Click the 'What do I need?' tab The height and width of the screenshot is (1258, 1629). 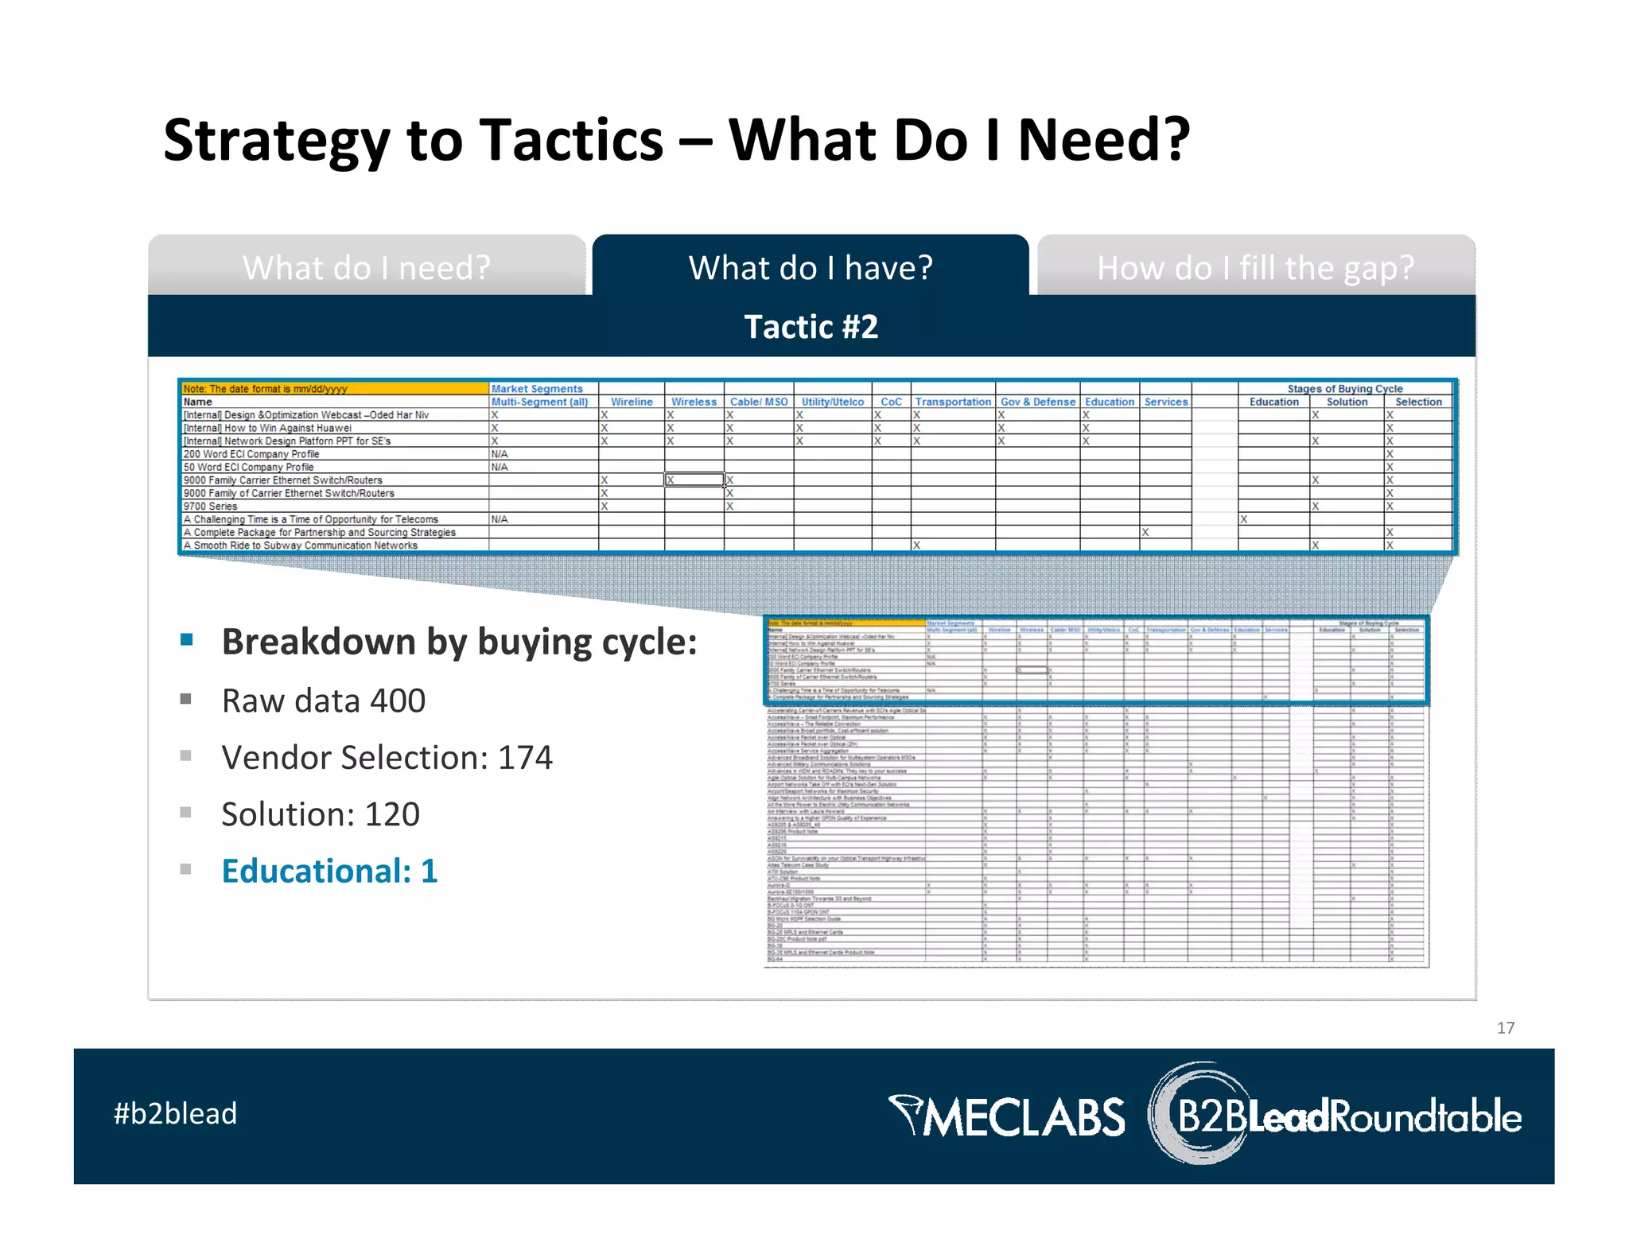[x=367, y=267]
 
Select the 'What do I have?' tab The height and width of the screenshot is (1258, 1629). [x=810, y=267]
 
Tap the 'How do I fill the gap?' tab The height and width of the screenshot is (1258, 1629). [x=1255, y=267]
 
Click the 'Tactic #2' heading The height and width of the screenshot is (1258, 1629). [x=811, y=327]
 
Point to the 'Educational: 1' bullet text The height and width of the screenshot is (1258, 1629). [x=329, y=871]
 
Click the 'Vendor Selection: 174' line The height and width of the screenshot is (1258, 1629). [x=387, y=757]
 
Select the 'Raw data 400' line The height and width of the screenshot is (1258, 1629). [x=323, y=701]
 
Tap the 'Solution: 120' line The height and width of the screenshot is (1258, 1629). [x=320, y=814]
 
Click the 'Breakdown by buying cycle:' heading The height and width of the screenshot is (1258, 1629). [x=459, y=642]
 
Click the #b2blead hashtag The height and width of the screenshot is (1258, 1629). [x=175, y=1113]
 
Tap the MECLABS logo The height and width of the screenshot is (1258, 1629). [x=1006, y=1116]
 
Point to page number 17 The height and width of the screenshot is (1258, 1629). [x=1505, y=1027]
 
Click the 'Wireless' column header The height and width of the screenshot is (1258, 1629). [x=694, y=402]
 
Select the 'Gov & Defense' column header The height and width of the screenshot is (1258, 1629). [x=1037, y=402]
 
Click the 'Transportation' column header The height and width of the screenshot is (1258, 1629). [x=952, y=402]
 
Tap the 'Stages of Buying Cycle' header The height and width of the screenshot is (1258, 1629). [x=1344, y=389]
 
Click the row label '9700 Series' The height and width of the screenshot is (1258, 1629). [x=211, y=506]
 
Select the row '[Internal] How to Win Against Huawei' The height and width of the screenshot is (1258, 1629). [x=267, y=428]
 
